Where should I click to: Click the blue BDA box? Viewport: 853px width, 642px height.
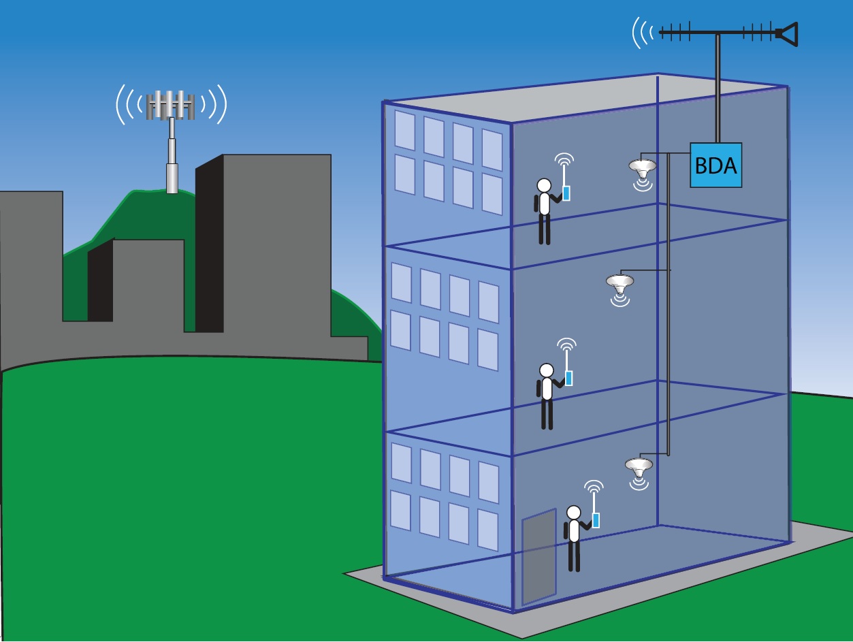click(x=715, y=165)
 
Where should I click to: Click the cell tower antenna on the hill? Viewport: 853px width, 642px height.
click(x=171, y=104)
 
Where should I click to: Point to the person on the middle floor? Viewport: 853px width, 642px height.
click(x=546, y=395)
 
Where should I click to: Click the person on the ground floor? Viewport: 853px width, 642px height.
click(x=574, y=537)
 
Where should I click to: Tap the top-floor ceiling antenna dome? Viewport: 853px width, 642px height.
click(x=642, y=166)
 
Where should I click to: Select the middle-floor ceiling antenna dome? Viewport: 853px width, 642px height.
click(x=619, y=281)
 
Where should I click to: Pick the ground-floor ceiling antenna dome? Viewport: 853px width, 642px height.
click(x=639, y=466)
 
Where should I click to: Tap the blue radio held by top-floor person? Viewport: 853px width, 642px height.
click(x=566, y=193)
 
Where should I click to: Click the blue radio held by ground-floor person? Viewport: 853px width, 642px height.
click(x=596, y=520)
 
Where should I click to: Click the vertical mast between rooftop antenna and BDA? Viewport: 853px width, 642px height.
click(x=718, y=89)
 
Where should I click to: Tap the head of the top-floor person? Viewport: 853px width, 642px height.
click(x=544, y=184)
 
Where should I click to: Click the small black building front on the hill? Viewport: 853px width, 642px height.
click(x=100, y=281)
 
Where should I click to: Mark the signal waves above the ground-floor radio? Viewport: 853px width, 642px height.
click(x=594, y=487)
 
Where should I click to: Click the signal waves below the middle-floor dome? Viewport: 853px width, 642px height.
click(x=619, y=298)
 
